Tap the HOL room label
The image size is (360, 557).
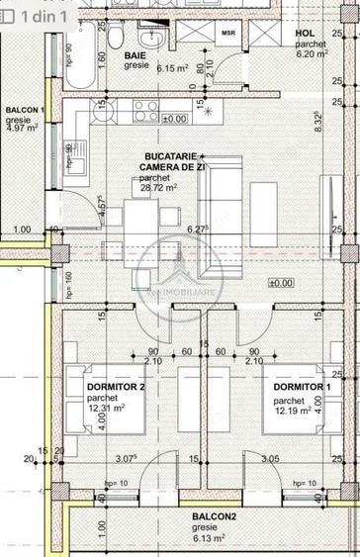pos(305,32)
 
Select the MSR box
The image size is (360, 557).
pos(227,33)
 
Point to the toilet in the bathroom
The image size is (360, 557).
pos(116,39)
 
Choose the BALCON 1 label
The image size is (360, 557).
pos(25,110)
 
